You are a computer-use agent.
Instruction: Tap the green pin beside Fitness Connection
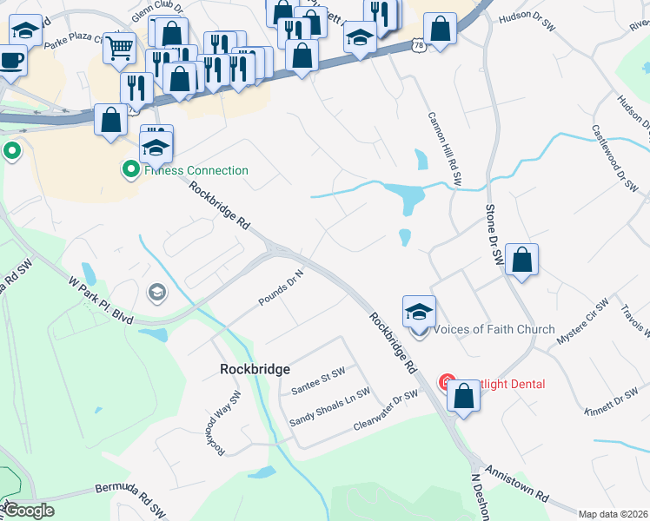131,169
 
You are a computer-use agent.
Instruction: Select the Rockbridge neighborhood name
255,369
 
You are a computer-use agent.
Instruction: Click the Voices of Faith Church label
494,329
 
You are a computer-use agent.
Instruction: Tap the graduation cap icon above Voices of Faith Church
419,312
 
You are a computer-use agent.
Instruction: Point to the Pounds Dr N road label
281,288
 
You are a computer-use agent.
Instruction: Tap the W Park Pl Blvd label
101,300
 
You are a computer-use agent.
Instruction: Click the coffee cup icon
11,60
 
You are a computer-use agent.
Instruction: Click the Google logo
29,511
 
